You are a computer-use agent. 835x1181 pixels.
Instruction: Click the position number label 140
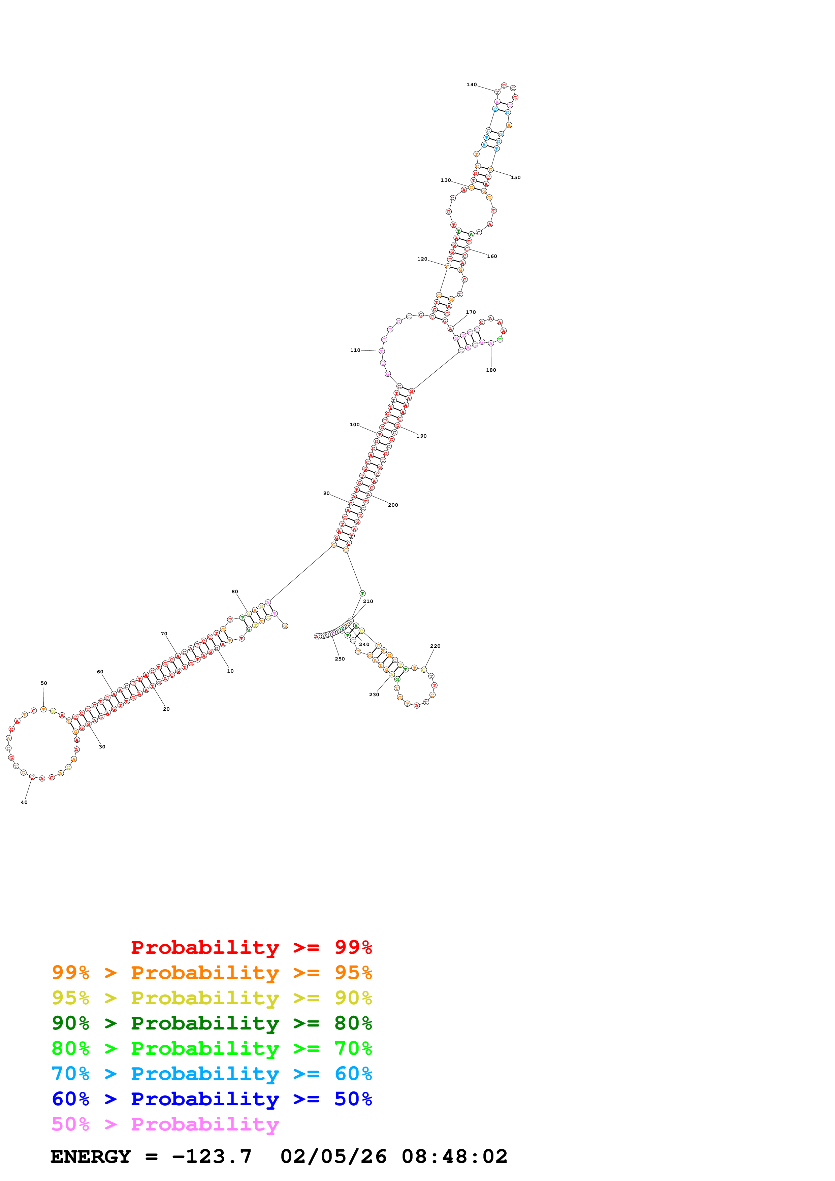(x=471, y=85)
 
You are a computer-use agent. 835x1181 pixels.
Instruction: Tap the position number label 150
(x=515, y=177)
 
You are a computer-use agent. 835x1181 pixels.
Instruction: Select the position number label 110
(x=355, y=350)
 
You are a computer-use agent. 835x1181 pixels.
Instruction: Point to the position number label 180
(x=491, y=370)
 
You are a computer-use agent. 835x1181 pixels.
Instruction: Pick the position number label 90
(x=326, y=493)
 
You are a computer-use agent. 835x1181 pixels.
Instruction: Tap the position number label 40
(x=24, y=802)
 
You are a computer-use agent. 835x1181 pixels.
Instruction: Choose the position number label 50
(x=44, y=683)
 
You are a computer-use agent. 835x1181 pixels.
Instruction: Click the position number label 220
(x=435, y=646)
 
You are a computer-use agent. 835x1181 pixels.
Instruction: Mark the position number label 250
(x=340, y=659)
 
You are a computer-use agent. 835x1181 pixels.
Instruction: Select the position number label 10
(x=230, y=671)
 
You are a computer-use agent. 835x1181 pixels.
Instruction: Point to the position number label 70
(x=164, y=634)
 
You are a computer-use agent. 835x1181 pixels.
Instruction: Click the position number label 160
(x=492, y=256)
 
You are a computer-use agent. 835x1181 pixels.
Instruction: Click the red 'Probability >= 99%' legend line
(x=251, y=947)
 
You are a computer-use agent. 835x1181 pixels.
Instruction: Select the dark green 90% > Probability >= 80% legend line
(x=212, y=1023)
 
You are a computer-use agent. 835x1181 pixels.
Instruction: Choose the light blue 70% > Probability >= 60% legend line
(x=212, y=1074)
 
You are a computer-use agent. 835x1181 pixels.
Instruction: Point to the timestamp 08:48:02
(x=454, y=1157)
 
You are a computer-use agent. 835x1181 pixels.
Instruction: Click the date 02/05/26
(x=333, y=1157)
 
